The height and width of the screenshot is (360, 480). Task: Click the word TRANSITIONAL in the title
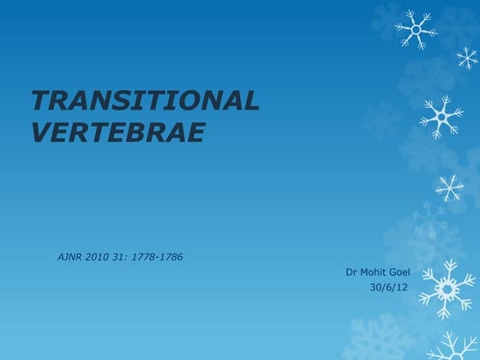coord(145,101)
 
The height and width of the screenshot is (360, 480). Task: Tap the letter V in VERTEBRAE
coord(42,133)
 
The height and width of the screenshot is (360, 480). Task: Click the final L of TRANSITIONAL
coord(250,101)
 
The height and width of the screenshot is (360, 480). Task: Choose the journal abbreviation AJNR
coord(71,257)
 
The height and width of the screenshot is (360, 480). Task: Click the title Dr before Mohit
coord(351,273)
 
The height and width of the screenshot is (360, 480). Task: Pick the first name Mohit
coord(374,273)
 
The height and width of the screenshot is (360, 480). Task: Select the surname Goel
coord(399,273)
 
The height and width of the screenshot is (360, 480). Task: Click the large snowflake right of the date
coord(447,289)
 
